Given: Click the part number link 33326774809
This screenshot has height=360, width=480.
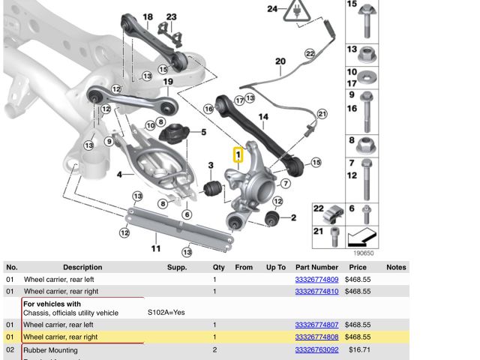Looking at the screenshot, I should click(x=316, y=280).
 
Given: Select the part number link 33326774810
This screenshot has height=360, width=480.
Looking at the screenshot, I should click(x=316, y=291).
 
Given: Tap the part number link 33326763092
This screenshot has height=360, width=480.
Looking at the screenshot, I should click(x=316, y=349).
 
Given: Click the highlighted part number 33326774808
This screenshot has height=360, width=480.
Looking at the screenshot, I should click(x=316, y=337).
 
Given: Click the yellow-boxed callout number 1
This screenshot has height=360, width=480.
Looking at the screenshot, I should click(x=239, y=155).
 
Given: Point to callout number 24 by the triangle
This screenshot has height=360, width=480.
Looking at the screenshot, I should click(x=273, y=9).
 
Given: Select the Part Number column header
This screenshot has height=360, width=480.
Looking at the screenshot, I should click(x=316, y=267).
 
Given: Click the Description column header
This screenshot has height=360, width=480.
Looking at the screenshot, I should click(x=82, y=267).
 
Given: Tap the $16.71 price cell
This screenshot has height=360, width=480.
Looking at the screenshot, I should click(x=361, y=349).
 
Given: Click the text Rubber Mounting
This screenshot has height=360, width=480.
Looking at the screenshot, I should click(x=50, y=349).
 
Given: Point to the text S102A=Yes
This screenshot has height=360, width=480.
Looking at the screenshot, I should click(x=166, y=312).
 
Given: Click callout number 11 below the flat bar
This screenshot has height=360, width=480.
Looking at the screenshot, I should click(x=156, y=248).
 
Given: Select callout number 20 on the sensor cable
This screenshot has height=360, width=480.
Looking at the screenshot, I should click(x=280, y=61).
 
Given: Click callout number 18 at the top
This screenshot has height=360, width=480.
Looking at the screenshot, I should click(x=147, y=17).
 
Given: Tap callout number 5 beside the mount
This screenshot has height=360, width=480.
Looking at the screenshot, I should click(x=202, y=133).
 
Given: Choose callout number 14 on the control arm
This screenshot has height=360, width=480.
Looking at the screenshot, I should click(x=262, y=117).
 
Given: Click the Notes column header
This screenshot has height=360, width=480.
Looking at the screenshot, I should click(x=396, y=267).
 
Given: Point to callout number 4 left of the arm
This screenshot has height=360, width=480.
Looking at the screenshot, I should click(x=119, y=175).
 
